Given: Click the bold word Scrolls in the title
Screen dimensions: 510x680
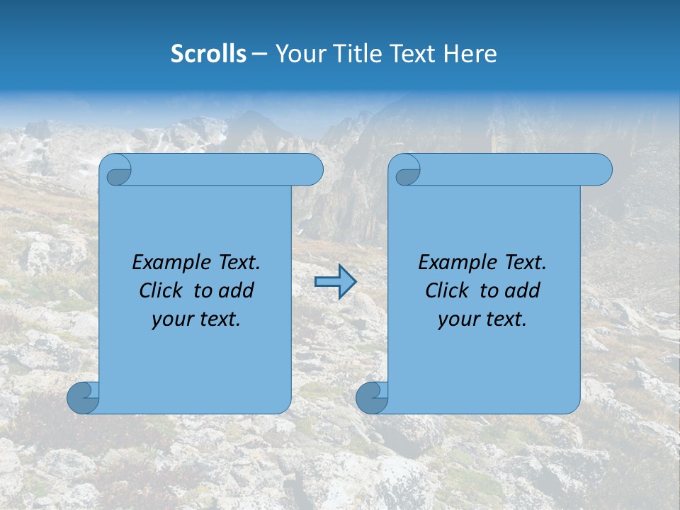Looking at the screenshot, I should (209, 54).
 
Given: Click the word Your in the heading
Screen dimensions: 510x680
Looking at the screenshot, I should (299, 54).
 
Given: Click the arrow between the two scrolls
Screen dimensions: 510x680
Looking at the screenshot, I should (335, 282).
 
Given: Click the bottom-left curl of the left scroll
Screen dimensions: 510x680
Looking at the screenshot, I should (82, 397).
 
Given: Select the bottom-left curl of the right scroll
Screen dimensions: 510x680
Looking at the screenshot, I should (371, 397).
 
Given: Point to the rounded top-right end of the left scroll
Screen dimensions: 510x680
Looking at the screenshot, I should (312, 170).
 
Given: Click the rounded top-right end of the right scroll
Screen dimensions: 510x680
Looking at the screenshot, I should (601, 170).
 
